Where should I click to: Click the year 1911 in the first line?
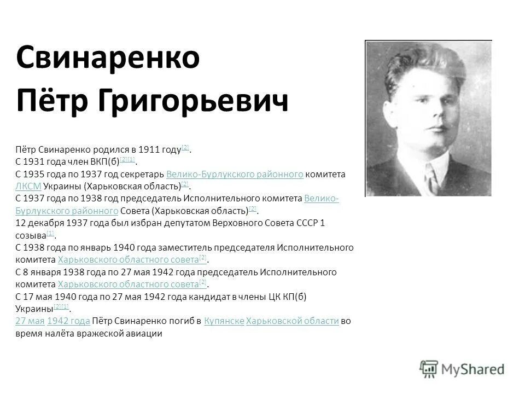pyautogui.click(x=149, y=149)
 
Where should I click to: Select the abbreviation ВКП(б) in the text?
pyautogui.click(x=103, y=161)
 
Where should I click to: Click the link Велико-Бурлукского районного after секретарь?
pyautogui.click(x=234, y=174)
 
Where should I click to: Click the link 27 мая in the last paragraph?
pyautogui.click(x=30, y=321)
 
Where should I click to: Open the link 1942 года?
pyautogui.click(x=69, y=321)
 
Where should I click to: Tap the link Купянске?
pyautogui.click(x=224, y=321)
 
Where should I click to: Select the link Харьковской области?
pyautogui.click(x=293, y=321)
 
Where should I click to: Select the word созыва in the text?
pyautogui.click(x=30, y=235)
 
